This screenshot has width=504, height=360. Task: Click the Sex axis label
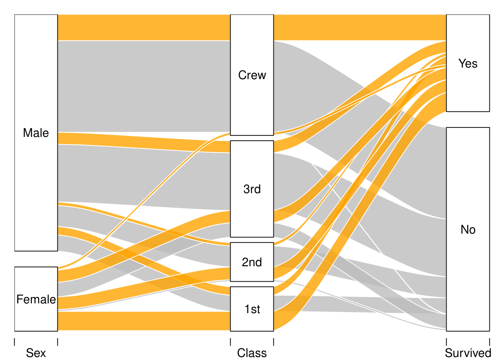point(36,353)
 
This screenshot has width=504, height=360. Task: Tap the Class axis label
point(252,353)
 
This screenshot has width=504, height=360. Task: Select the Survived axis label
point(468,353)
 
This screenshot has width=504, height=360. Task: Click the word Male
point(36,133)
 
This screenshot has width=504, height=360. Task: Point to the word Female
point(36,299)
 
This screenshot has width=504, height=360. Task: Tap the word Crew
point(252,75)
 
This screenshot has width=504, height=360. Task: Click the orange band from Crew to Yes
point(360,27)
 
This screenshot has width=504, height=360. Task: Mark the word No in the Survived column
point(468,229)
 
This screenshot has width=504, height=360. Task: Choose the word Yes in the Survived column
point(468,63)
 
